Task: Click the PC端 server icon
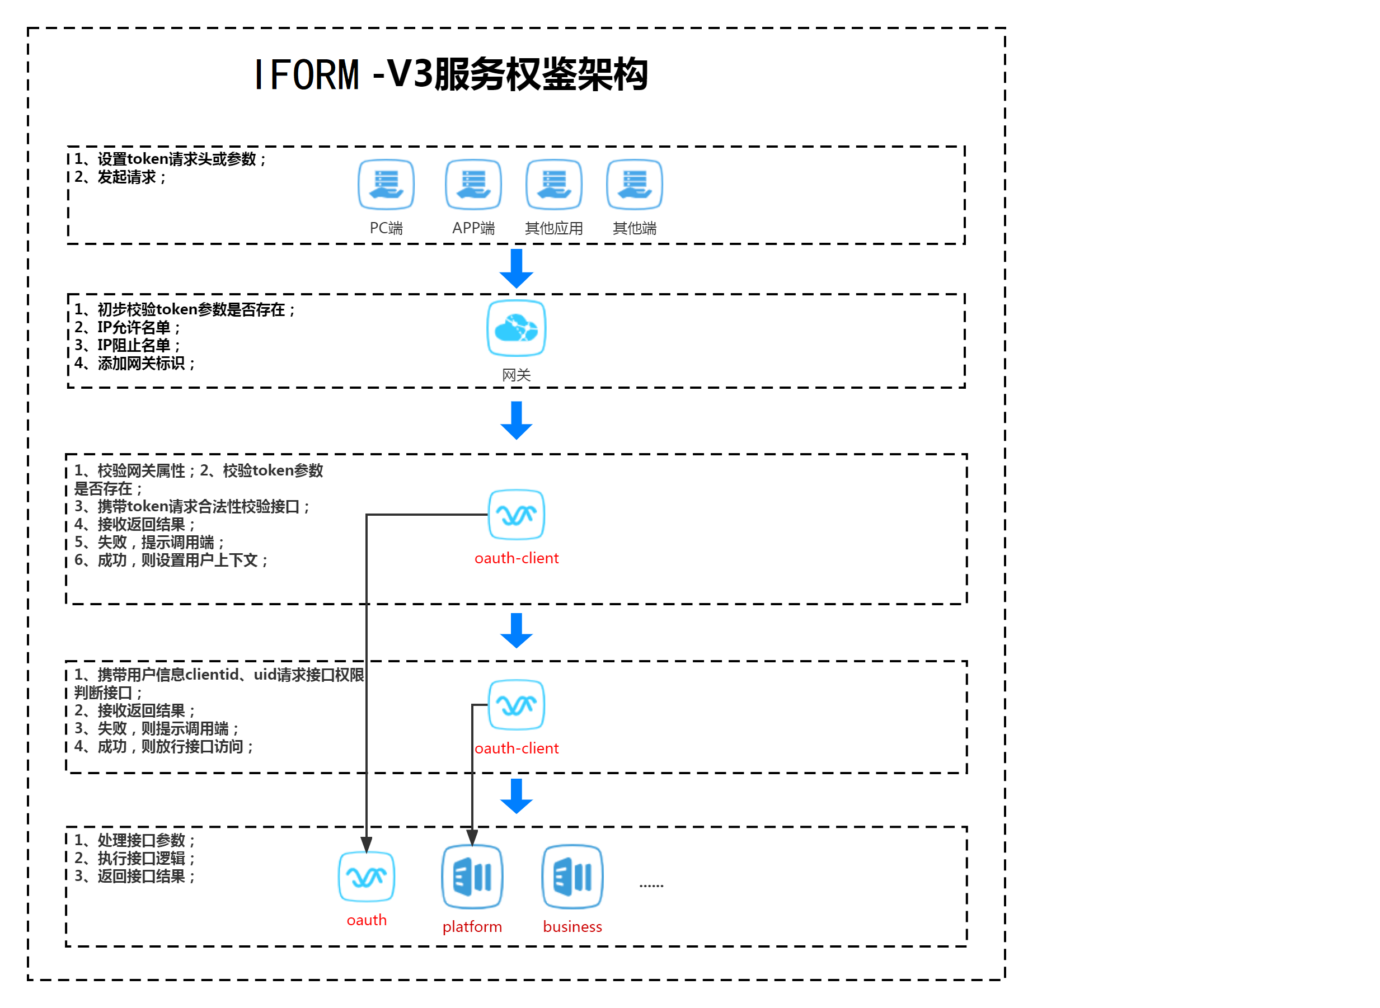386,184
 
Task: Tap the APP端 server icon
473,184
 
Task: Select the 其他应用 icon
553,184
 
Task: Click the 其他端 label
634,228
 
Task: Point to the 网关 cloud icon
517,328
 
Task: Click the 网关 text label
517,375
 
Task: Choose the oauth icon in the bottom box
366,877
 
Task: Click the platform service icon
472,877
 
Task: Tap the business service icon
572,877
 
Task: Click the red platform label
472,927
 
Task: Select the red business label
572,927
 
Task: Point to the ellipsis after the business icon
651,885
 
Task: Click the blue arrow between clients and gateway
517,269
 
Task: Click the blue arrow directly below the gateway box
517,421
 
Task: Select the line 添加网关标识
134,364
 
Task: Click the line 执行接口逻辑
134,859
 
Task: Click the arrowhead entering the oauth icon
366,845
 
